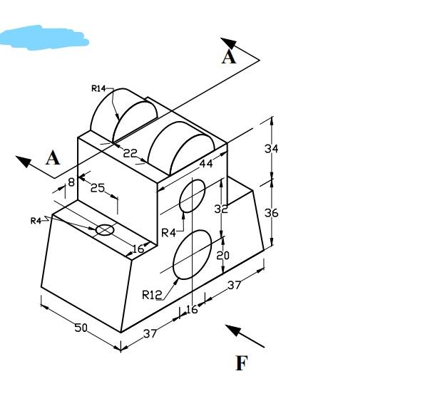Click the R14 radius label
tap(98, 88)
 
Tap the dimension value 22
tap(130, 153)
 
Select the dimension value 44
tap(206, 164)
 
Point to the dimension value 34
tap(272, 149)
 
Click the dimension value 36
tap(272, 212)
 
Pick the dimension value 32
tap(221, 209)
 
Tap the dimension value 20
tap(223, 255)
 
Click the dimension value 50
tap(81, 328)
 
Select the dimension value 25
tap(98, 188)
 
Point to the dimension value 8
tap(71, 182)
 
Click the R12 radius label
tap(152, 294)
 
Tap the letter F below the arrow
tap(241, 364)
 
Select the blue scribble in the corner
tap(44, 37)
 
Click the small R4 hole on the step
tap(105, 229)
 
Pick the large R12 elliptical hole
tap(192, 254)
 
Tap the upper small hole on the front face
tap(192, 197)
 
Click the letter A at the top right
tap(228, 57)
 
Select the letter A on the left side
tap(53, 158)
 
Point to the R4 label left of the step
tap(36, 221)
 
